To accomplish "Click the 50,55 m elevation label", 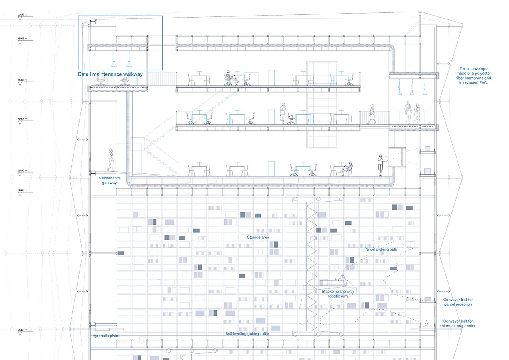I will (22, 14).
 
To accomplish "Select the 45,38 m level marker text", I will (22, 80).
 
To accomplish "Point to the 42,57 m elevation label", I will (22, 119).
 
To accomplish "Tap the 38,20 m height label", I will (22, 171).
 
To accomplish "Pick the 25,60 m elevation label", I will (22, 330).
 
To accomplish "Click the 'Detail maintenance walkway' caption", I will (110, 74).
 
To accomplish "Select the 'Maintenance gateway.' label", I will (109, 180).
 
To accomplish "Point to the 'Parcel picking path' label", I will (381, 249).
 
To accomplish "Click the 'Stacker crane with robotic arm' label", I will (338, 294).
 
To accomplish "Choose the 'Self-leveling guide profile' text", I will (247, 334).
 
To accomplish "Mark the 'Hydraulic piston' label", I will (106, 336).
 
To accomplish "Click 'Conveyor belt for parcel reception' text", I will (458, 302).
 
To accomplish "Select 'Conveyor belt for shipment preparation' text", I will (458, 323).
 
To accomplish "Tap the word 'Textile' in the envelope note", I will (466, 68).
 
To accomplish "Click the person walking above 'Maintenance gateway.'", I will (111, 160).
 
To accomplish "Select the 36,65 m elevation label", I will (22, 191).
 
